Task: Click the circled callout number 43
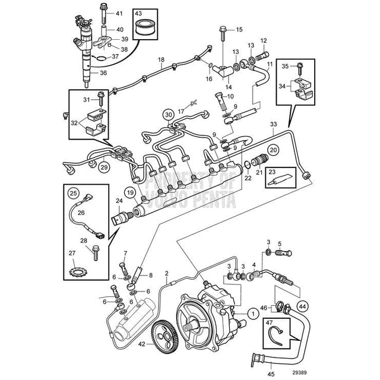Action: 140,13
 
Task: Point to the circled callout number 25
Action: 74,193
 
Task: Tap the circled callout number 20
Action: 274,150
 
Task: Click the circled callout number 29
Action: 104,168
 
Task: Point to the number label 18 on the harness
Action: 160,61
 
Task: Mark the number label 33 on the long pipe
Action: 273,124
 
